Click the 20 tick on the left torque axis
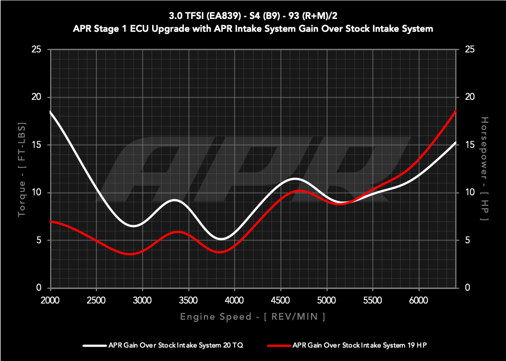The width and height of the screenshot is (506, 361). [x=37, y=97]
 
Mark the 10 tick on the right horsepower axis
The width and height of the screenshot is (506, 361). [x=469, y=192]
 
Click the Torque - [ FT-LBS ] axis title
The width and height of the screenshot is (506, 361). [x=22, y=169]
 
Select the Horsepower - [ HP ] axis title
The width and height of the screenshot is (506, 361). [x=484, y=169]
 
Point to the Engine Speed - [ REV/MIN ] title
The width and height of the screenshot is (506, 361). [x=252, y=317]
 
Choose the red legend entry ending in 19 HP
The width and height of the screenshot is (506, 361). [x=359, y=345]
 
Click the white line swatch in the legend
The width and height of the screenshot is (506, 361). [x=95, y=345]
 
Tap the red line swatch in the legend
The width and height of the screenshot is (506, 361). [x=279, y=345]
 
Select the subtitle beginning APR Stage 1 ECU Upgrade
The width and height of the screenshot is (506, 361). [x=253, y=28]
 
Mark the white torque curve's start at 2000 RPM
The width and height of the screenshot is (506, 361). [x=51, y=112]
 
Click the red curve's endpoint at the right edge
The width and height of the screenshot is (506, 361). [x=456, y=111]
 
